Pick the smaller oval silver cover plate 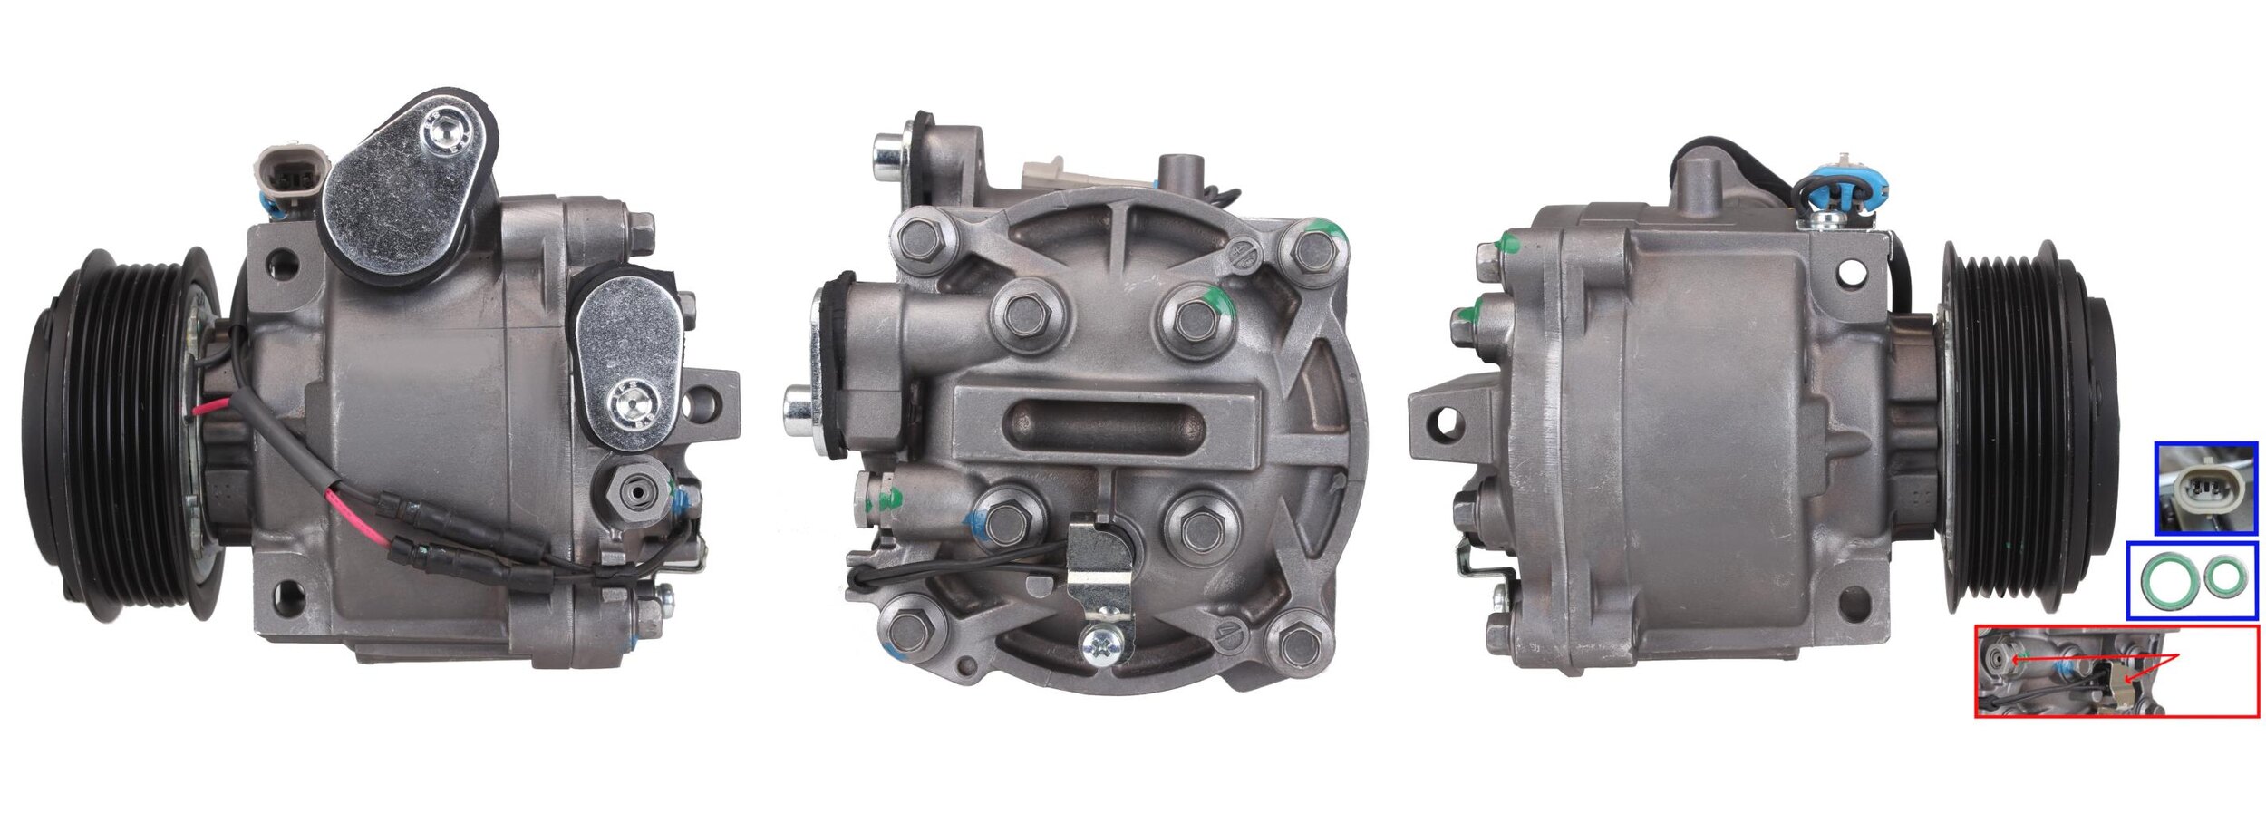click(628, 358)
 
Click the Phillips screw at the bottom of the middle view click(1105, 644)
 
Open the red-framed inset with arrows click(2116, 672)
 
